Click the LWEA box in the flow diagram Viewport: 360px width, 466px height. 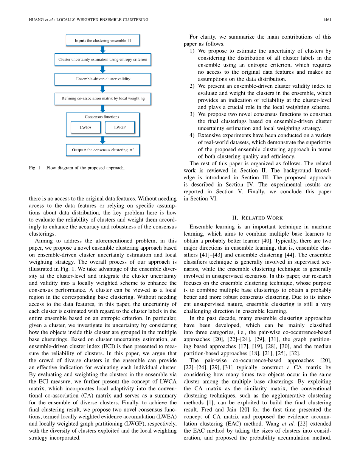tap(85, 127)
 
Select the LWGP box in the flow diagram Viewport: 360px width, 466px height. tap(120, 127)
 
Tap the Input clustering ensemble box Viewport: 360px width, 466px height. tap(102, 40)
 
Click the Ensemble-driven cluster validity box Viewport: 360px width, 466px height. tap(102, 79)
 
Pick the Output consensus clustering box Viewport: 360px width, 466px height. tap(102, 150)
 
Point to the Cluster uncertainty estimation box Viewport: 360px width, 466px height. tap(102, 59)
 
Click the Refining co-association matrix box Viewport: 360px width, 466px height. tap(102, 98)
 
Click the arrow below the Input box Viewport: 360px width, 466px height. tap(102, 50)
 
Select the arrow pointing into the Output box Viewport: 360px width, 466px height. tap(102, 140)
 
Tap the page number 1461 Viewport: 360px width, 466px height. tap(327, 19)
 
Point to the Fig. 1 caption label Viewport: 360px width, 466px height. tap(35, 168)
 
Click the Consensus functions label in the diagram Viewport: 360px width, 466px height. tap(102, 117)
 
